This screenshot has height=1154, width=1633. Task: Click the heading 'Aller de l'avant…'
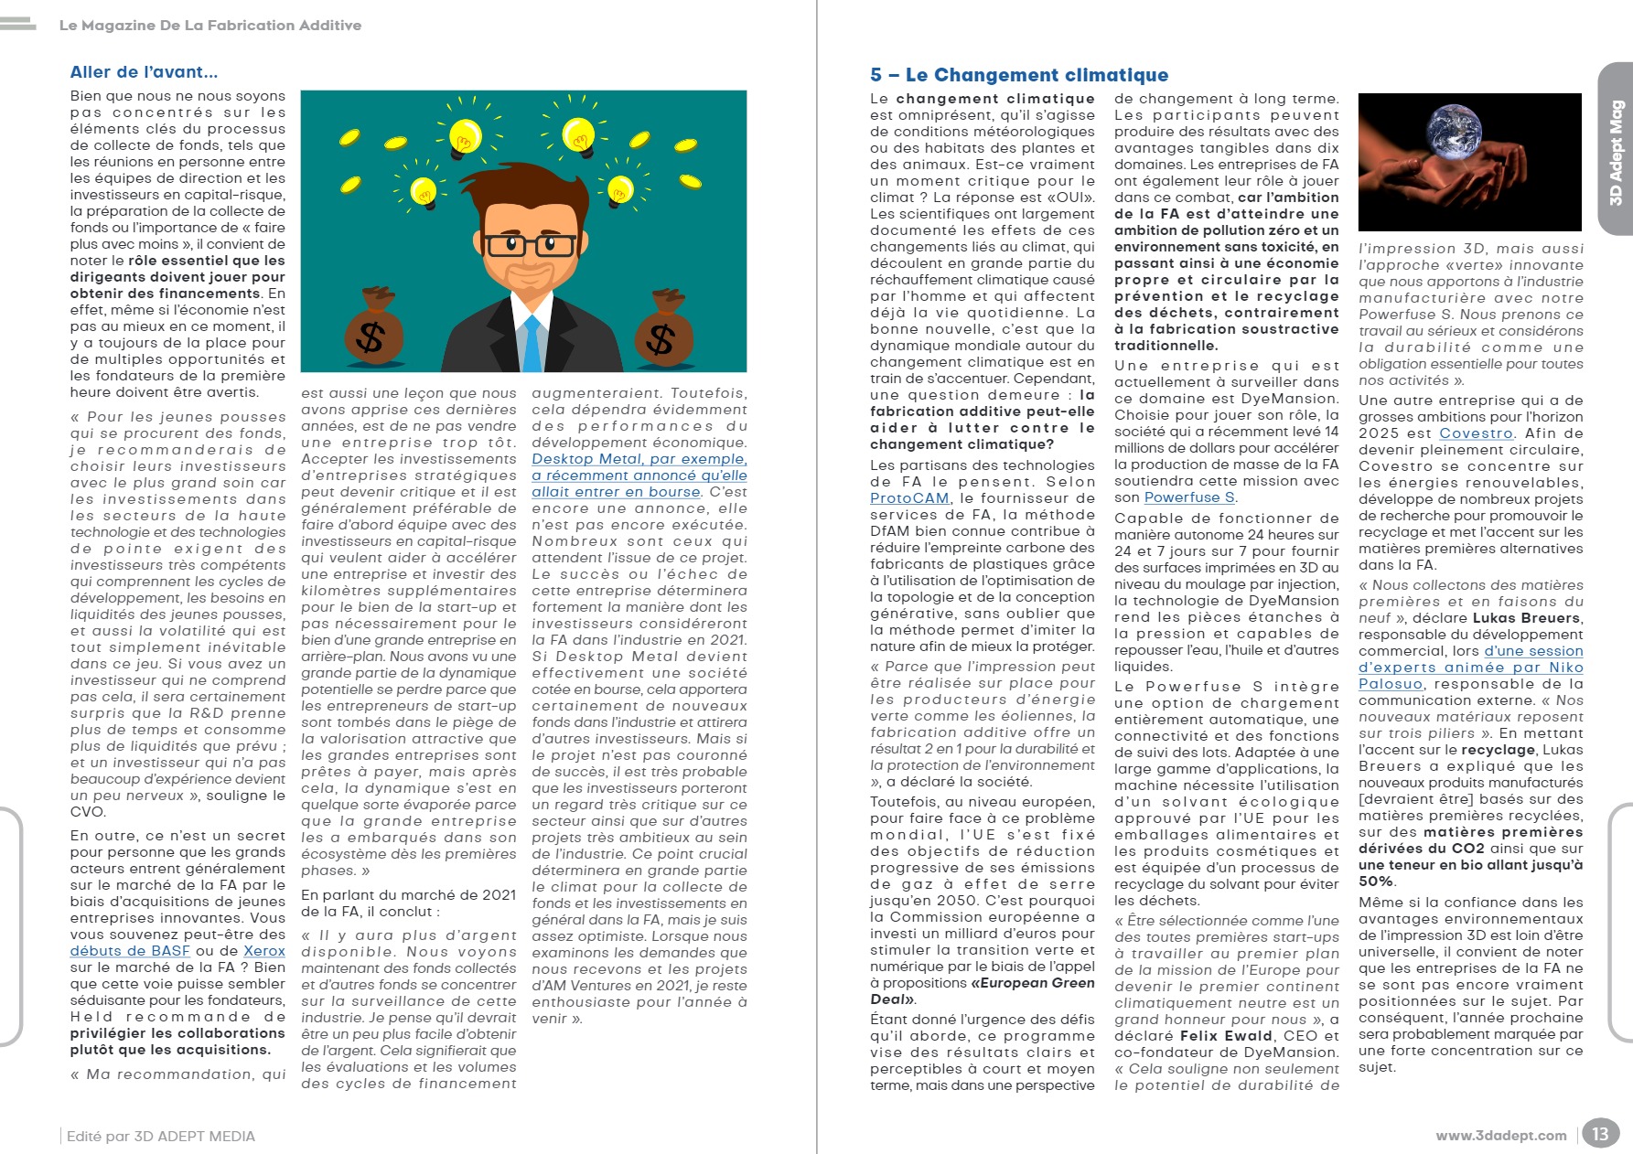point(144,72)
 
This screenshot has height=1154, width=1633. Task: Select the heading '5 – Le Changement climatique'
point(1019,75)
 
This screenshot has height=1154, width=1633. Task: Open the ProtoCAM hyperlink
point(909,498)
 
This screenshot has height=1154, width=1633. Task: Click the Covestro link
point(1476,433)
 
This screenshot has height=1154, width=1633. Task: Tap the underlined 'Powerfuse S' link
point(1189,497)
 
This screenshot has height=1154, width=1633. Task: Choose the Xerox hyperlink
point(264,951)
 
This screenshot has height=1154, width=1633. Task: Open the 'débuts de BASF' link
point(130,951)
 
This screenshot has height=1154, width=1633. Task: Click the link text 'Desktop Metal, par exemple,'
point(639,459)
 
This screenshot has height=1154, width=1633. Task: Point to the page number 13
point(1599,1134)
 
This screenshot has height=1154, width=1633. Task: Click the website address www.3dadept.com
point(1500,1136)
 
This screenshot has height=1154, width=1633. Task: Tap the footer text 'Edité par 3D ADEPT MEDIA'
point(161,1137)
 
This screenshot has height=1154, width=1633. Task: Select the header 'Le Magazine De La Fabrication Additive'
point(210,26)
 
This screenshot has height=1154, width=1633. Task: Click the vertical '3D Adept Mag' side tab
point(1616,151)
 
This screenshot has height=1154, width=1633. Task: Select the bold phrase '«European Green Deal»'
point(1032,983)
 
